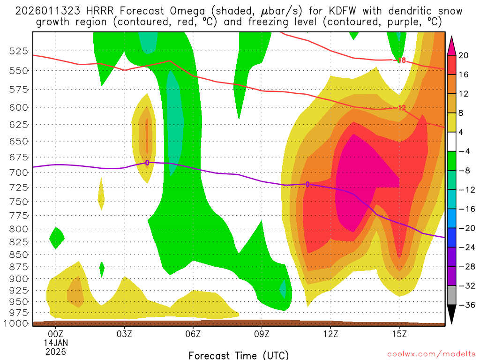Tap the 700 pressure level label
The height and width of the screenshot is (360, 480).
point(20,172)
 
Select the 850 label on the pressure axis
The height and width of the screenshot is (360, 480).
point(20,255)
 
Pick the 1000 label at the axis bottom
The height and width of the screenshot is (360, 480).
point(17,323)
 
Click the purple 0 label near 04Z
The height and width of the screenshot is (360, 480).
point(147,163)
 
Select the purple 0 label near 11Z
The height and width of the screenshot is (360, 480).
point(307,184)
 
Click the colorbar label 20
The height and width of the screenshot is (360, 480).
point(464,55)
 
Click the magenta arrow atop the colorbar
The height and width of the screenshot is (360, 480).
point(452,45)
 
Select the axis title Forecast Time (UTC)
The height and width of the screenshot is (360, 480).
point(239,355)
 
